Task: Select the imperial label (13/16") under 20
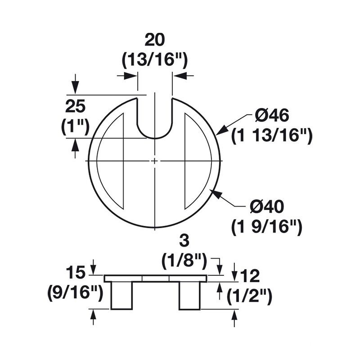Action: [x=155, y=59]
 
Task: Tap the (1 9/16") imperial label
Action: [x=266, y=227]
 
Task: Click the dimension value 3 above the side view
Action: [x=183, y=241]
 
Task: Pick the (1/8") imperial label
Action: [x=183, y=260]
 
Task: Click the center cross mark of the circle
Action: [x=154, y=161]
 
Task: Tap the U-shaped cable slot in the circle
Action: [x=154, y=121]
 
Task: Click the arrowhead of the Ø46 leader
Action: [x=220, y=132]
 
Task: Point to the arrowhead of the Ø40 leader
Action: [x=216, y=193]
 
